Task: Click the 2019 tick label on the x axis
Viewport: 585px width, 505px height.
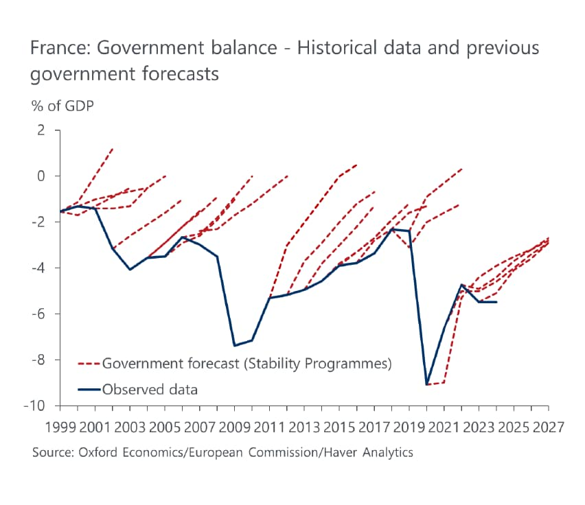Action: click(409, 427)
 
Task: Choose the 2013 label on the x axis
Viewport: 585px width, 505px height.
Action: click(305, 427)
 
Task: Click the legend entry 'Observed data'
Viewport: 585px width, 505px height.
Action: click(150, 390)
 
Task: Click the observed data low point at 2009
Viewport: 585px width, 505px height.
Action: click(235, 345)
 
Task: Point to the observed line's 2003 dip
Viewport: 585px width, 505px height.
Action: click(130, 270)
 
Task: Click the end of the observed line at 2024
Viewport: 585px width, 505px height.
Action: click(496, 302)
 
